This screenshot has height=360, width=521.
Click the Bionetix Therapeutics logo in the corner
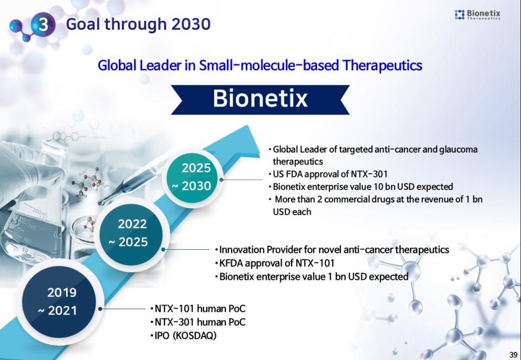(x=477, y=15)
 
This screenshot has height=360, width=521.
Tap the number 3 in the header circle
(x=43, y=24)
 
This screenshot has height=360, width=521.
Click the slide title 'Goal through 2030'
(x=138, y=24)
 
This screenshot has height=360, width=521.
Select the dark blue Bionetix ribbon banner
(x=260, y=99)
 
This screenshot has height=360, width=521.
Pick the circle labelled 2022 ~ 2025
(x=132, y=233)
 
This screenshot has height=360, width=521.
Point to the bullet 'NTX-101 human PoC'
(x=198, y=309)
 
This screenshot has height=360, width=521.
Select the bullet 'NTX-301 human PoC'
(x=198, y=322)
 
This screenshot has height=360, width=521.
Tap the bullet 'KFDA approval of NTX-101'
(x=275, y=263)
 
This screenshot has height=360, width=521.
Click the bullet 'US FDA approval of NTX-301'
(x=328, y=174)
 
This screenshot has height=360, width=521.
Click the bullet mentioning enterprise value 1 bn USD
(x=312, y=276)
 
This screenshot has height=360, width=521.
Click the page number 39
(x=513, y=355)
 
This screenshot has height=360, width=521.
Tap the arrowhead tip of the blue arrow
(x=247, y=125)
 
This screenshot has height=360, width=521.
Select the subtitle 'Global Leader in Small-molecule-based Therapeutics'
(x=260, y=65)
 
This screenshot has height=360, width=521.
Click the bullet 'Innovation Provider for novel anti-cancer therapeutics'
(x=332, y=250)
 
